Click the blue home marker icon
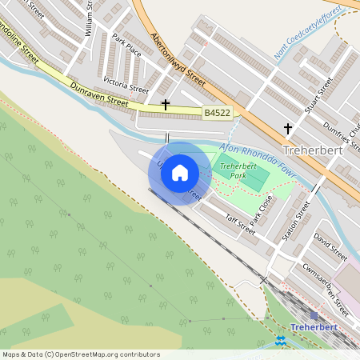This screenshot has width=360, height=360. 180,172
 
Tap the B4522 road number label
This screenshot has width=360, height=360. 217,114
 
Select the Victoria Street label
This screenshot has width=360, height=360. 126,84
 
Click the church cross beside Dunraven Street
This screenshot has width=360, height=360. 166,104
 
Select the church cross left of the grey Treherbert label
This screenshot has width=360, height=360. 288,128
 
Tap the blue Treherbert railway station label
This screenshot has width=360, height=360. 318,327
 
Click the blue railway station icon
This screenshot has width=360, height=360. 280,340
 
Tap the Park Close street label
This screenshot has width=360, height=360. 262,209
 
